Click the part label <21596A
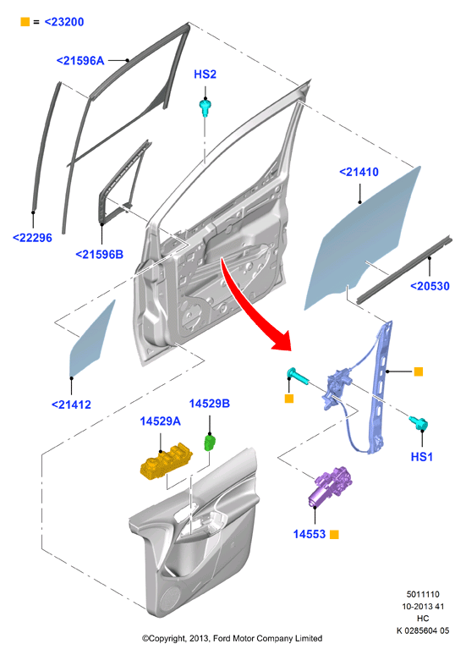[x=80, y=61]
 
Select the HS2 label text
[x=205, y=74]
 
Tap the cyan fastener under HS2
[x=205, y=107]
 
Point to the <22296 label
[x=33, y=238]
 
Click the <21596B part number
[x=100, y=254]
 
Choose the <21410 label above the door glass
[x=359, y=172]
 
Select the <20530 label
[x=430, y=286]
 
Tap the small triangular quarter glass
[x=90, y=340]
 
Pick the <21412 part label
[x=71, y=405]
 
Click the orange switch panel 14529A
[x=166, y=461]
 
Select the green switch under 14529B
[x=210, y=443]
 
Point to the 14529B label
[x=210, y=404]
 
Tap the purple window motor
[x=329, y=487]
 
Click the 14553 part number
[x=309, y=534]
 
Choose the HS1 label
[x=422, y=457]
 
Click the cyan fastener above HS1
[x=419, y=424]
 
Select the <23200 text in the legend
[x=64, y=22]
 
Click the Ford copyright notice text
[x=233, y=638]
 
